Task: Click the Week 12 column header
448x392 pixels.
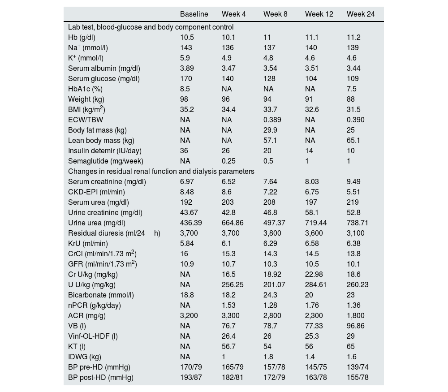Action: click(x=319, y=14)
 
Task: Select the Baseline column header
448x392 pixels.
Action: click(x=194, y=14)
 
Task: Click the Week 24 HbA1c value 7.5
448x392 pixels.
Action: click(x=352, y=89)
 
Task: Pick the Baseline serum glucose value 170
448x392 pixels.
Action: click(x=185, y=78)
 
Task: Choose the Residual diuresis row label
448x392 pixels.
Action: click(x=114, y=233)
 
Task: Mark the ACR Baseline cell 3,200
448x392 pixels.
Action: click(x=189, y=315)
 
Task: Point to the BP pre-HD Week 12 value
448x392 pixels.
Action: click(x=316, y=367)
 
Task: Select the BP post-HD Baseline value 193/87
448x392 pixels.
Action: click(x=191, y=377)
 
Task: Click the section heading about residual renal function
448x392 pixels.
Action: click(x=161, y=171)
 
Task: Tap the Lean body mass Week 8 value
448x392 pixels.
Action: click(x=270, y=140)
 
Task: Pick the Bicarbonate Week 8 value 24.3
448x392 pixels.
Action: click(x=270, y=295)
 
